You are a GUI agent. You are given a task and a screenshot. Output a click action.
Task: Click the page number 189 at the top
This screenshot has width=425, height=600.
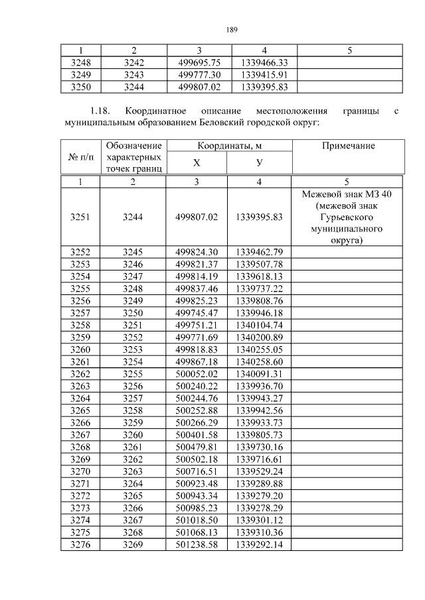click(x=232, y=30)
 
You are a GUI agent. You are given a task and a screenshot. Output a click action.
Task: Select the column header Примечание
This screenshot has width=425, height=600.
click(x=349, y=146)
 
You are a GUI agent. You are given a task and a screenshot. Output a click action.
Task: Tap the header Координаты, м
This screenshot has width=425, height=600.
click(x=228, y=146)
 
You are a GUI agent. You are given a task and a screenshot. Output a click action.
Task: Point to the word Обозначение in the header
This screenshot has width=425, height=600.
click(x=133, y=146)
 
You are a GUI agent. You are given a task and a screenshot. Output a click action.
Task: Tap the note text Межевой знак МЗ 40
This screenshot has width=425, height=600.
click(x=349, y=194)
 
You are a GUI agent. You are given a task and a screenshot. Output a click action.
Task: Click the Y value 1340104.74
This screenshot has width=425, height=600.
click(x=259, y=325)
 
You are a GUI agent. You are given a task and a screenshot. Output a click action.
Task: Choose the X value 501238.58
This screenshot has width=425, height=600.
click(x=197, y=545)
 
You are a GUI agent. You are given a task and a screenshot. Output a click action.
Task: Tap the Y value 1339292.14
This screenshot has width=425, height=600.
click(x=259, y=545)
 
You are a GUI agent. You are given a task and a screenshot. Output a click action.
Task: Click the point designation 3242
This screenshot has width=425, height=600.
click(x=133, y=62)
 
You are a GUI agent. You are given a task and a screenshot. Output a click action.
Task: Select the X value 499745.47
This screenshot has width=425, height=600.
click(x=197, y=313)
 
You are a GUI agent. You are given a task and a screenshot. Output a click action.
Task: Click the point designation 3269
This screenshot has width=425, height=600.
click(x=133, y=545)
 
